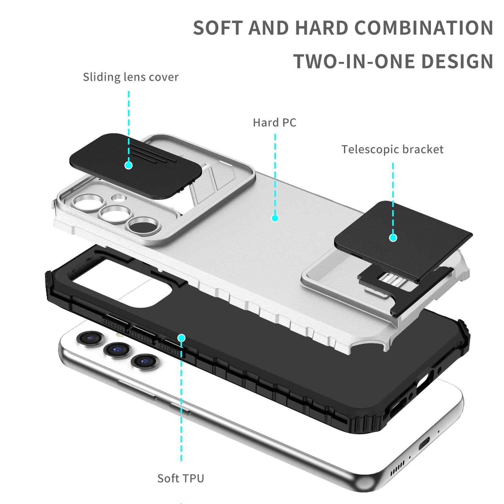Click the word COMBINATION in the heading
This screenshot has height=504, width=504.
pyautogui.click(x=424, y=28)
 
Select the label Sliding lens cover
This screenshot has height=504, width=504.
pyautogui.click(x=130, y=77)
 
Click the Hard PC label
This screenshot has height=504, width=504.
pyautogui.click(x=274, y=123)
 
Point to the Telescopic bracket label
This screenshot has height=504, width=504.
pyautogui.click(x=392, y=149)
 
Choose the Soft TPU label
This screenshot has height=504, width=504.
pyautogui.click(x=181, y=478)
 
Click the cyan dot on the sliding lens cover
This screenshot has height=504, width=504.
pyautogui.click(x=129, y=165)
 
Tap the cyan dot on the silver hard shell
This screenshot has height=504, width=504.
pyautogui.click(x=275, y=218)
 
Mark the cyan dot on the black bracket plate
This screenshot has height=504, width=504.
pyautogui.click(x=393, y=238)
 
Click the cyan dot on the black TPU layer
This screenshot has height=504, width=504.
pyautogui.click(x=181, y=338)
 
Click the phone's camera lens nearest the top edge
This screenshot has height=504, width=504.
pyautogui.click(x=91, y=338)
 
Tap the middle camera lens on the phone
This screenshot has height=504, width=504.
pyautogui.click(x=117, y=350)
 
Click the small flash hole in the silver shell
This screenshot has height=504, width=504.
pyautogui.click(x=119, y=198)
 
